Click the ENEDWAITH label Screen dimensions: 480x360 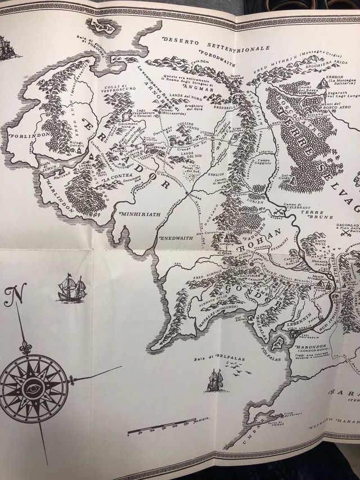(x=177, y=238)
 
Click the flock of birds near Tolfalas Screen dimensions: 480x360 (x=234, y=369)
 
